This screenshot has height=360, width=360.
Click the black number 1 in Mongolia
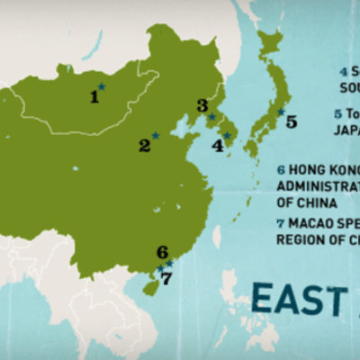(94, 96)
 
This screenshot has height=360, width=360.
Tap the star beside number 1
(103, 86)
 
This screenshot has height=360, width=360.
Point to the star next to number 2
(156, 136)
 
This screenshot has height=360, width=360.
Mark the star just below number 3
(211, 116)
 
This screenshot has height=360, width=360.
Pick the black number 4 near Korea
(217, 144)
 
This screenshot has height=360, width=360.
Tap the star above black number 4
(227, 136)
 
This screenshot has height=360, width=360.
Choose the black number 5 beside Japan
(291, 121)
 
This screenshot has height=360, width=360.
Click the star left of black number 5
(280, 112)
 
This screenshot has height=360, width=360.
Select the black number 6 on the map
(162, 253)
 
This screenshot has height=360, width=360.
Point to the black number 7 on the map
(166, 278)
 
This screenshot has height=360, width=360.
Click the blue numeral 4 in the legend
(343, 71)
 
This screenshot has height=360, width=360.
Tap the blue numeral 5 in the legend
(337, 113)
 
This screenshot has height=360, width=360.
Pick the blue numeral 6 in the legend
(281, 169)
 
